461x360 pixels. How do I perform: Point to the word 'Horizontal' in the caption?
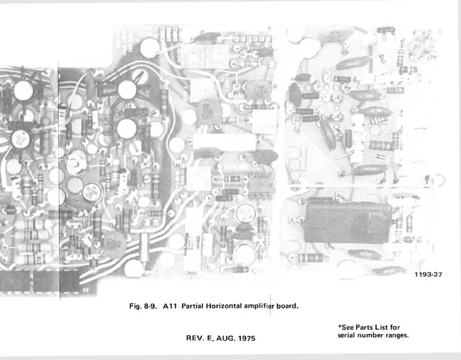223,306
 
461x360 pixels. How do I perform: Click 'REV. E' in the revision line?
199,338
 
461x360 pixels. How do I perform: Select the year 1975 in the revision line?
246,338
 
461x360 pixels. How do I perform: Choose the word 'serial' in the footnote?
346,335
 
